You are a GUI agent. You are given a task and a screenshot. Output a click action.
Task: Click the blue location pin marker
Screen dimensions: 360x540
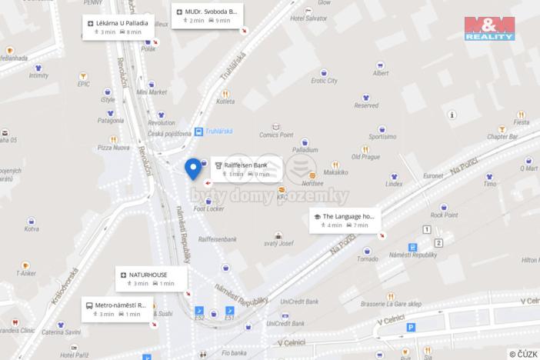(x=193, y=168)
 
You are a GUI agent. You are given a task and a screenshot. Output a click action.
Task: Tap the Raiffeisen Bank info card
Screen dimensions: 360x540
(x=245, y=168)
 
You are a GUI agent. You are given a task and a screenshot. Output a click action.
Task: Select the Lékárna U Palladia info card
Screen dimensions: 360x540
(x=118, y=27)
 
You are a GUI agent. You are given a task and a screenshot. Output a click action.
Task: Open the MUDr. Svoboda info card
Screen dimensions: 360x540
(x=206, y=16)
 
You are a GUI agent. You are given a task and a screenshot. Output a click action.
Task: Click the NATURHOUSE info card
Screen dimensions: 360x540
(x=147, y=278)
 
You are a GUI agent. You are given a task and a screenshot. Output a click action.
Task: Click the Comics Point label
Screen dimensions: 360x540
(x=275, y=135)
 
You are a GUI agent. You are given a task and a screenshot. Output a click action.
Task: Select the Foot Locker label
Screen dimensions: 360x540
(x=208, y=208)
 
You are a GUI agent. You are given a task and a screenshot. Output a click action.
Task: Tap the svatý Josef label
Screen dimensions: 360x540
(x=278, y=243)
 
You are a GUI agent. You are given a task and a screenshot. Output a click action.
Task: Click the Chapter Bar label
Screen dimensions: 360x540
(x=502, y=136)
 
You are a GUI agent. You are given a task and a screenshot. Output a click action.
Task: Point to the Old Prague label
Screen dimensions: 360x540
(x=365, y=157)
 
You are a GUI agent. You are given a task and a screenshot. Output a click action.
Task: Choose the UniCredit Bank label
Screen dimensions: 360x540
(x=299, y=301)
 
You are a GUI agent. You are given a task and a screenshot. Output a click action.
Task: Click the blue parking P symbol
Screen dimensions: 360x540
(x=410, y=328)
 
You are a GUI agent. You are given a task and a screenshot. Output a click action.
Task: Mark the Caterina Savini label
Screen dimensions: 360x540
(x=62, y=332)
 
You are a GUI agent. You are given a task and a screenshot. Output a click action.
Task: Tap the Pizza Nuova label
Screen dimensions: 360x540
(x=112, y=147)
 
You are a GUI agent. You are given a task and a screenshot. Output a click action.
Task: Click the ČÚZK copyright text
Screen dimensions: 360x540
(x=523, y=354)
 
